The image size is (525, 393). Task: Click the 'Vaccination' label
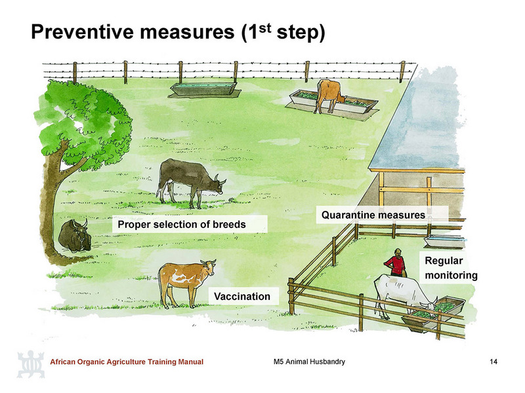[x=242, y=297]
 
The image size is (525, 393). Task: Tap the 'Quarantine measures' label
[x=373, y=215]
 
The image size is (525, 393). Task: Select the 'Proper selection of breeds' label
[x=182, y=224]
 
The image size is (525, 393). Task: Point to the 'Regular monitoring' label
[x=451, y=268]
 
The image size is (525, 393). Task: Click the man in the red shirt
[x=396, y=263]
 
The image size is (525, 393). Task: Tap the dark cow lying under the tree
[x=75, y=236]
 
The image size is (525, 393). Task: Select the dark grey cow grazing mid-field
[x=190, y=183]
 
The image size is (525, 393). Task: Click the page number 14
[x=493, y=362]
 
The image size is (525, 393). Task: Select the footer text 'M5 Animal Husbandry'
[x=309, y=362]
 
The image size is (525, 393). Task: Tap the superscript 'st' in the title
[x=264, y=28]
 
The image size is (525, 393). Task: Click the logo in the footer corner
[x=31, y=364]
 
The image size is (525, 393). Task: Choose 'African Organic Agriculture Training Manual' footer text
[x=127, y=362]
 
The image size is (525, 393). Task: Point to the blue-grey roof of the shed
[x=419, y=121]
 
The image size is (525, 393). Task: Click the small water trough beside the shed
[x=444, y=241]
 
